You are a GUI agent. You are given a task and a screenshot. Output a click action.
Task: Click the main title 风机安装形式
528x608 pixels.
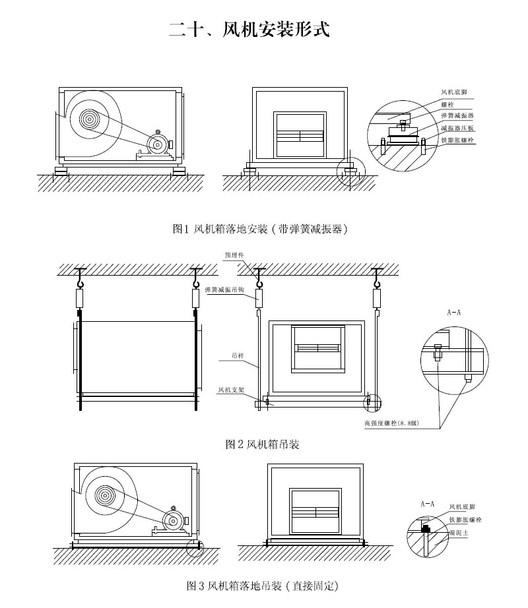pyautogui.click(x=249, y=30)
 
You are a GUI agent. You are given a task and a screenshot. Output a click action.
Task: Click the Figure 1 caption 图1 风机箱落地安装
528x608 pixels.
pyautogui.click(x=259, y=229)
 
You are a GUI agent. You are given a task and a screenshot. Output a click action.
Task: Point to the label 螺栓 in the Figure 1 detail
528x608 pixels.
pyautogui.click(x=447, y=104)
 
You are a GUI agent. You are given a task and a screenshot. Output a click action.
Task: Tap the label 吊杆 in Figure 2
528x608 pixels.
pyautogui.click(x=238, y=355)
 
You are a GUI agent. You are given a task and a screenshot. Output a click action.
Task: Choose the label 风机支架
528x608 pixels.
pyautogui.click(x=232, y=390)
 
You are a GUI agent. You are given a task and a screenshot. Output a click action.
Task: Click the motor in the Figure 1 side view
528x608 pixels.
pyautogui.click(x=158, y=144)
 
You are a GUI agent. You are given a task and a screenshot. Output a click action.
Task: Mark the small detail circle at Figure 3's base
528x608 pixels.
pyautogui.click(x=193, y=546)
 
